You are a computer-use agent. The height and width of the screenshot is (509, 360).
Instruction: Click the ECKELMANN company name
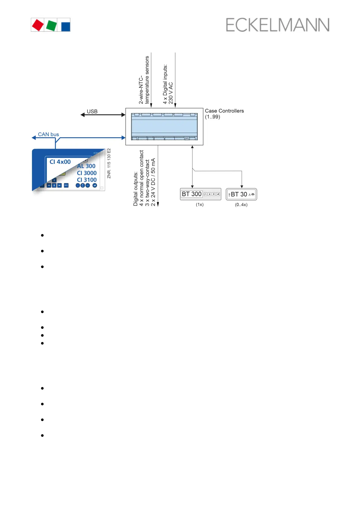[277, 25]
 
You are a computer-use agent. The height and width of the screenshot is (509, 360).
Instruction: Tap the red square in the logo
[38, 25]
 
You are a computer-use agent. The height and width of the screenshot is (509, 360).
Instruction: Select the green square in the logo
[51, 25]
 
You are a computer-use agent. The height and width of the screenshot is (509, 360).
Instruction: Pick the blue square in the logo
[66, 25]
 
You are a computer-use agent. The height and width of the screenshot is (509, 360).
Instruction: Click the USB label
[92, 112]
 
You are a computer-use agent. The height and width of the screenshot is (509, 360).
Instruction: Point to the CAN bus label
[48, 134]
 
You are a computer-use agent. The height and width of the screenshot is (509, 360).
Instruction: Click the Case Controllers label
[224, 111]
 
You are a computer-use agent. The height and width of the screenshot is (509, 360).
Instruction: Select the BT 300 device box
[200, 194]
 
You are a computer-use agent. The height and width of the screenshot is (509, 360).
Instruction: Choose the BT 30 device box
[241, 194]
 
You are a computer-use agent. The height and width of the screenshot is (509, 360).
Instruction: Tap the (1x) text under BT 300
[199, 205]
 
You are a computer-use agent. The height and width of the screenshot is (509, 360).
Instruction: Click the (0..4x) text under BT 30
[241, 205]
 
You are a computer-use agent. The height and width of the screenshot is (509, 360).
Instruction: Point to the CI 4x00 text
[60, 162]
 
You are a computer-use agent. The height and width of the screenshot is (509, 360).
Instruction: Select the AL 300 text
[86, 166]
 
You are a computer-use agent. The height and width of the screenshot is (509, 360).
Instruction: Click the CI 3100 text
[87, 180]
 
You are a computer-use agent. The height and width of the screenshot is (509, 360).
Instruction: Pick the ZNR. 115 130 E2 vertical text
[109, 163]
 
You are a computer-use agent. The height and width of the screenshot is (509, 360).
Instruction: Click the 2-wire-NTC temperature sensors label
[144, 80]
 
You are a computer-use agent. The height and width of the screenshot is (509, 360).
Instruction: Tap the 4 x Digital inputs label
[168, 84]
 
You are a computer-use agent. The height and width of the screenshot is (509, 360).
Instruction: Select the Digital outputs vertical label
[144, 178]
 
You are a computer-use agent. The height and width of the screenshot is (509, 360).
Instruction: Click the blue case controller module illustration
[164, 126]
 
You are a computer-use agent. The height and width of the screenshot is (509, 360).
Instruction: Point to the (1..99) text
[212, 117]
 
